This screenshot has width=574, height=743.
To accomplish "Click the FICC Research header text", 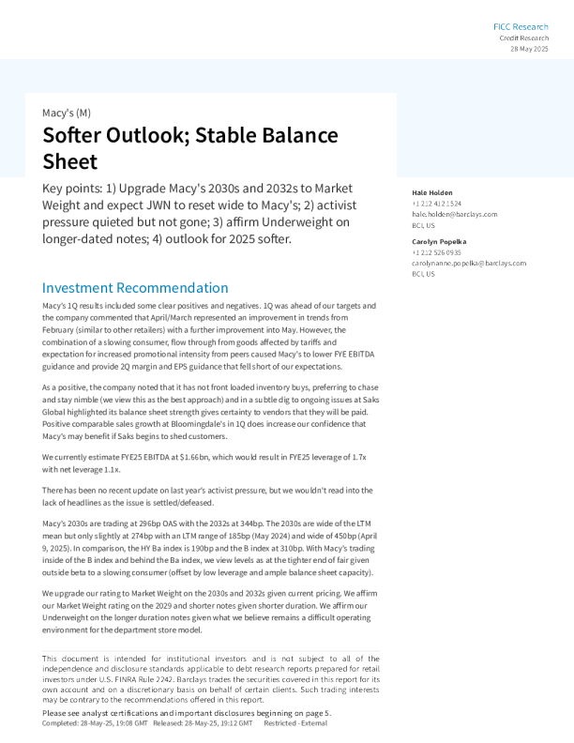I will click(x=521, y=26).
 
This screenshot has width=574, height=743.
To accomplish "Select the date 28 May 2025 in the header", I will click(x=529, y=48).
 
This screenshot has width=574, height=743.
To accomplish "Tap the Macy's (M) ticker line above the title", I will click(x=67, y=113).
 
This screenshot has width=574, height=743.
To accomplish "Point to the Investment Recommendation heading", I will click(x=135, y=288).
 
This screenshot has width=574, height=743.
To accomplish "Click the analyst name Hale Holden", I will click(x=432, y=192).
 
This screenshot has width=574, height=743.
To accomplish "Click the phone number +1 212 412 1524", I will click(x=436, y=204).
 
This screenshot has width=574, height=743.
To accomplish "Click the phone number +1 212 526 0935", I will click(x=436, y=252).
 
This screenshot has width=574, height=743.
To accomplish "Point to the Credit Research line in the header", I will click(x=523, y=38).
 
